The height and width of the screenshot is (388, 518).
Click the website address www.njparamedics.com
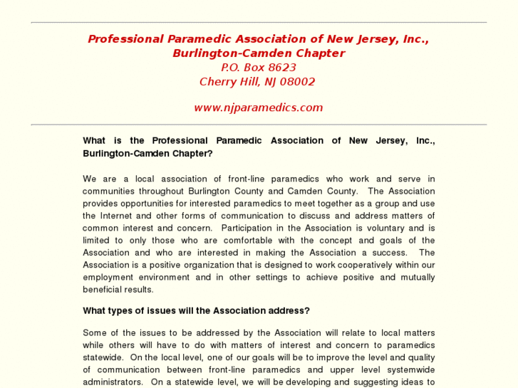coord(258,108)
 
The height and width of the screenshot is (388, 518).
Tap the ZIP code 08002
coord(298,82)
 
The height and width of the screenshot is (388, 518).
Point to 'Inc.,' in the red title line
coord(415,39)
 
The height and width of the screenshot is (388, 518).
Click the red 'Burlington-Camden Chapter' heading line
coord(258,53)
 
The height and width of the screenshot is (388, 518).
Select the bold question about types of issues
coord(196,311)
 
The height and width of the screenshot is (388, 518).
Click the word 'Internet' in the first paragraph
coord(115,216)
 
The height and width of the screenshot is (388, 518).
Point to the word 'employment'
coord(107,278)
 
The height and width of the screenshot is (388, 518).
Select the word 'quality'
coord(420,357)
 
